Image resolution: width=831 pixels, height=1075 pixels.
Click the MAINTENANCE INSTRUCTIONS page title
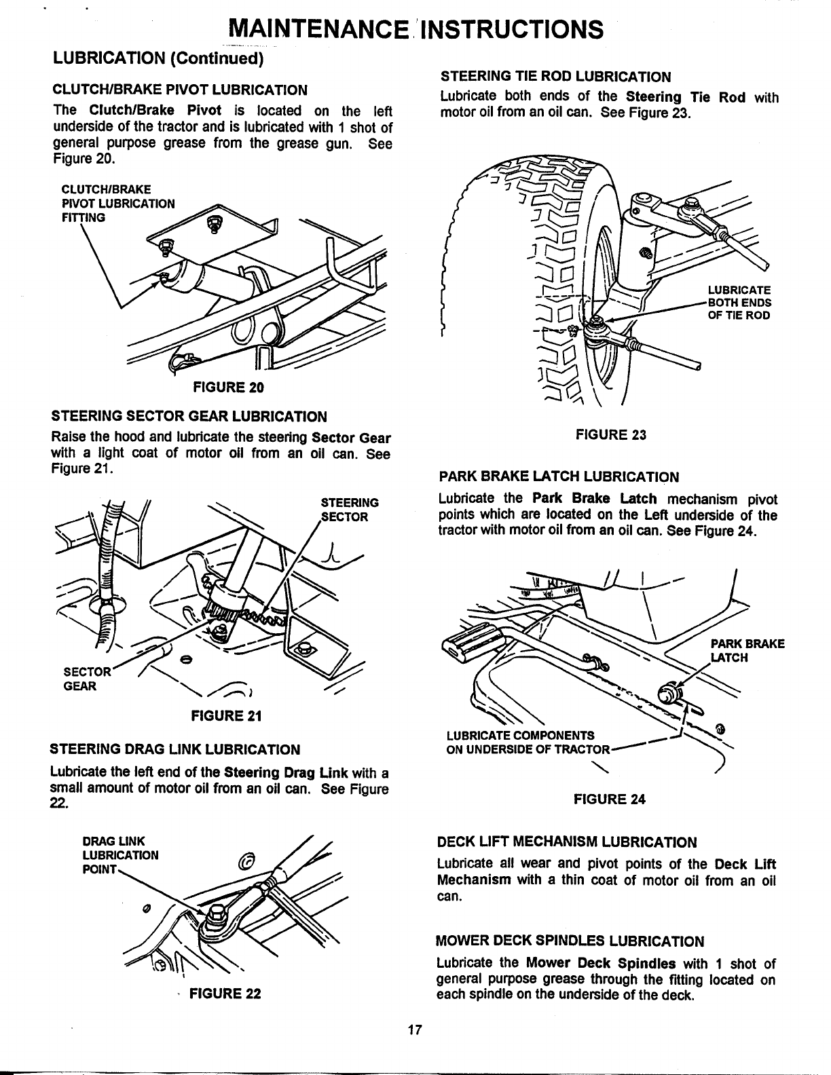415,29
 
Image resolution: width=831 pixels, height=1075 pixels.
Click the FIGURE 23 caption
610,435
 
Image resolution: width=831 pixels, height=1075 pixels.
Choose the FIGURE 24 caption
609,799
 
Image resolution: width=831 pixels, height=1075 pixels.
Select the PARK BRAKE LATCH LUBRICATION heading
559,476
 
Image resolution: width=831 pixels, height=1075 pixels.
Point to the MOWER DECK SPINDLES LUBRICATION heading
570,941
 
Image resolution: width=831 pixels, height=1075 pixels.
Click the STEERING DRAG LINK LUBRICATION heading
175,749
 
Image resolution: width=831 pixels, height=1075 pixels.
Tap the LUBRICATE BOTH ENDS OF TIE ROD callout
739,303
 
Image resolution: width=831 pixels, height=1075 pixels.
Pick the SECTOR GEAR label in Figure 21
80,679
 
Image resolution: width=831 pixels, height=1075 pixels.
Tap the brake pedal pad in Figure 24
475,642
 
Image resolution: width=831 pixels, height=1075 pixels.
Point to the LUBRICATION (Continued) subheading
158,58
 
